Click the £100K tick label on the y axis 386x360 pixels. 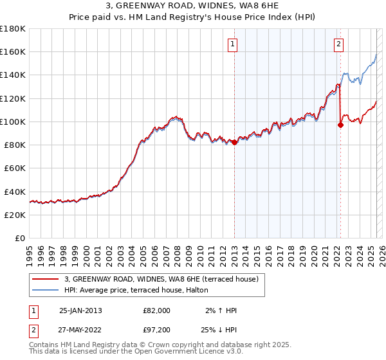tap(13, 122)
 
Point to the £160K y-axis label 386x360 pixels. tap(13, 51)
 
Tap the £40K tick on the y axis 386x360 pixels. tap(15, 192)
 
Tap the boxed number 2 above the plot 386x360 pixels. tap(338, 44)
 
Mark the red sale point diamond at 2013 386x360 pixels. tap(234, 143)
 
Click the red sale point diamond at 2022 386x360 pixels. tap(340, 125)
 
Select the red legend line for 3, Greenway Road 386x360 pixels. tap(45, 279)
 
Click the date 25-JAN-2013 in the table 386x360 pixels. tap(80, 310)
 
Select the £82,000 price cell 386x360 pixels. tap(156, 310)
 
